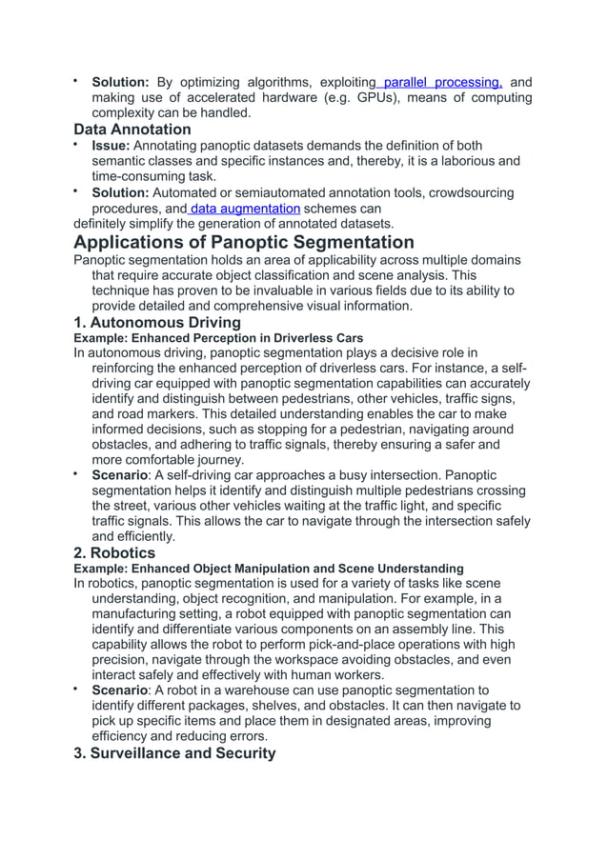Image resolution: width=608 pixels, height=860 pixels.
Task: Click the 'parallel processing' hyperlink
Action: tap(442, 82)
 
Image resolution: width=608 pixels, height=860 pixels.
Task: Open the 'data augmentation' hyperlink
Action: tap(246, 209)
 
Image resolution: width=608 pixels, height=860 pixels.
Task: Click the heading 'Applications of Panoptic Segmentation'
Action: tap(244, 242)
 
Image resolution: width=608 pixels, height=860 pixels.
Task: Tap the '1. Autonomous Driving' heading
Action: tap(157, 322)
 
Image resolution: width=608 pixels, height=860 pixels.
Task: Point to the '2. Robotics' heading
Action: tap(114, 552)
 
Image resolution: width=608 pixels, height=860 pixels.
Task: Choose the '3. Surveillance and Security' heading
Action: tap(175, 752)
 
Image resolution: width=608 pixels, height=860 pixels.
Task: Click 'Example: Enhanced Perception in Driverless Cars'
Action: tap(218, 337)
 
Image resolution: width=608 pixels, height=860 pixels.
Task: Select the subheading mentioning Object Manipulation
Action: tap(269, 568)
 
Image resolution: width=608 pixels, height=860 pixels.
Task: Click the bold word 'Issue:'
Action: tap(111, 145)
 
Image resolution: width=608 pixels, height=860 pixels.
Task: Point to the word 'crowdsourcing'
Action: tap(470, 192)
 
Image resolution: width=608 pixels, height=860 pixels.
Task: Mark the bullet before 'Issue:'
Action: tap(76, 145)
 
